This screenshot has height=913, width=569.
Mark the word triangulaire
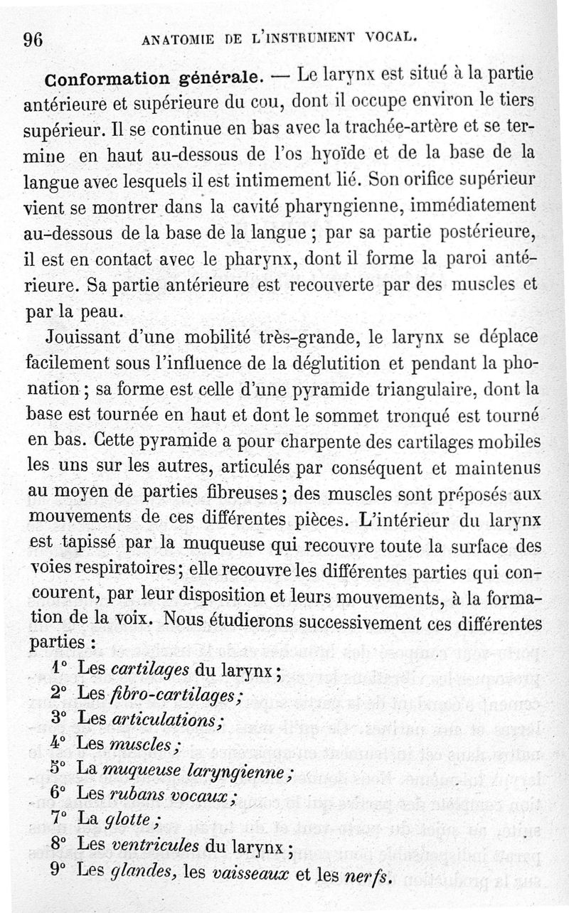[x=424, y=388]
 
